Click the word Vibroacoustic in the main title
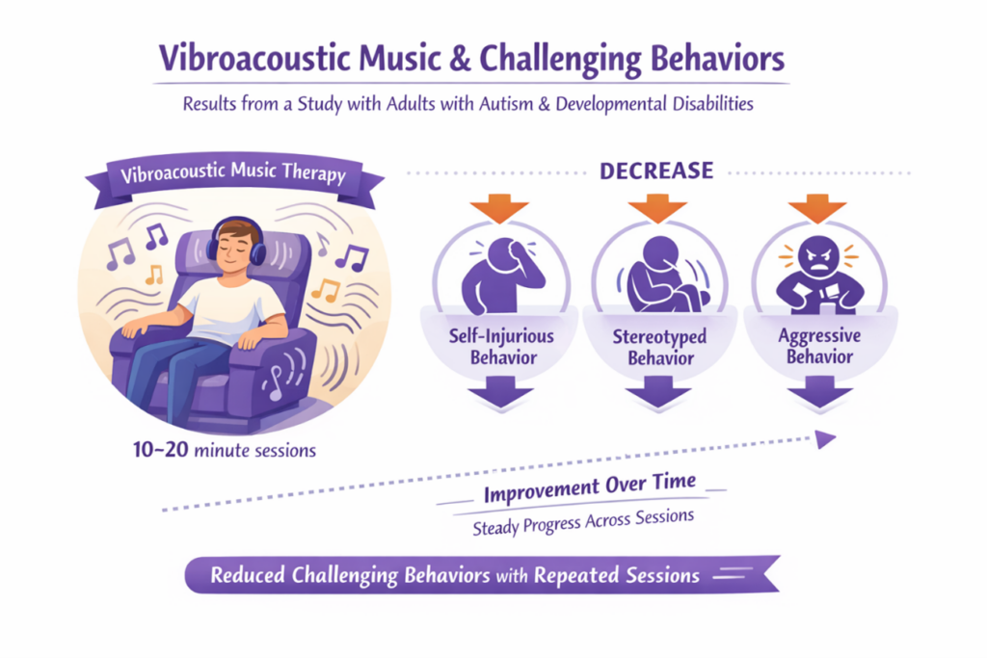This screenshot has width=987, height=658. click(254, 59)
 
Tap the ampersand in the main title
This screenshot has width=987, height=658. click(460, 59)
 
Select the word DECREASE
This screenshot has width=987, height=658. click(656, 171)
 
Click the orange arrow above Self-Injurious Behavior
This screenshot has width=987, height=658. click(499, 207)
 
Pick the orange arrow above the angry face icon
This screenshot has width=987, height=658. click(817, 207)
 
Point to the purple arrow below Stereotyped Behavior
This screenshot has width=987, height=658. click(658, 392)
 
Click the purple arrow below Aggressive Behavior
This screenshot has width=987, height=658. click(819, 392)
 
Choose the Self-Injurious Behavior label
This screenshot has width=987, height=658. click(501, 347)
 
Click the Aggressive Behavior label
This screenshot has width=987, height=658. click(819, 346)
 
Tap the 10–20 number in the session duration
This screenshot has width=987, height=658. click(161, 450)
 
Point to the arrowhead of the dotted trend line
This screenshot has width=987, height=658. click(826, 439)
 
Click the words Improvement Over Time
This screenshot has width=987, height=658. click(590, 488)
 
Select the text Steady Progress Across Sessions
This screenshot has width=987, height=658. click(583, 522)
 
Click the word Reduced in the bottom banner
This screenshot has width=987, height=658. click(248, 575)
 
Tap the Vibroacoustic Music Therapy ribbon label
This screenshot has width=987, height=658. click(233, 173)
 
